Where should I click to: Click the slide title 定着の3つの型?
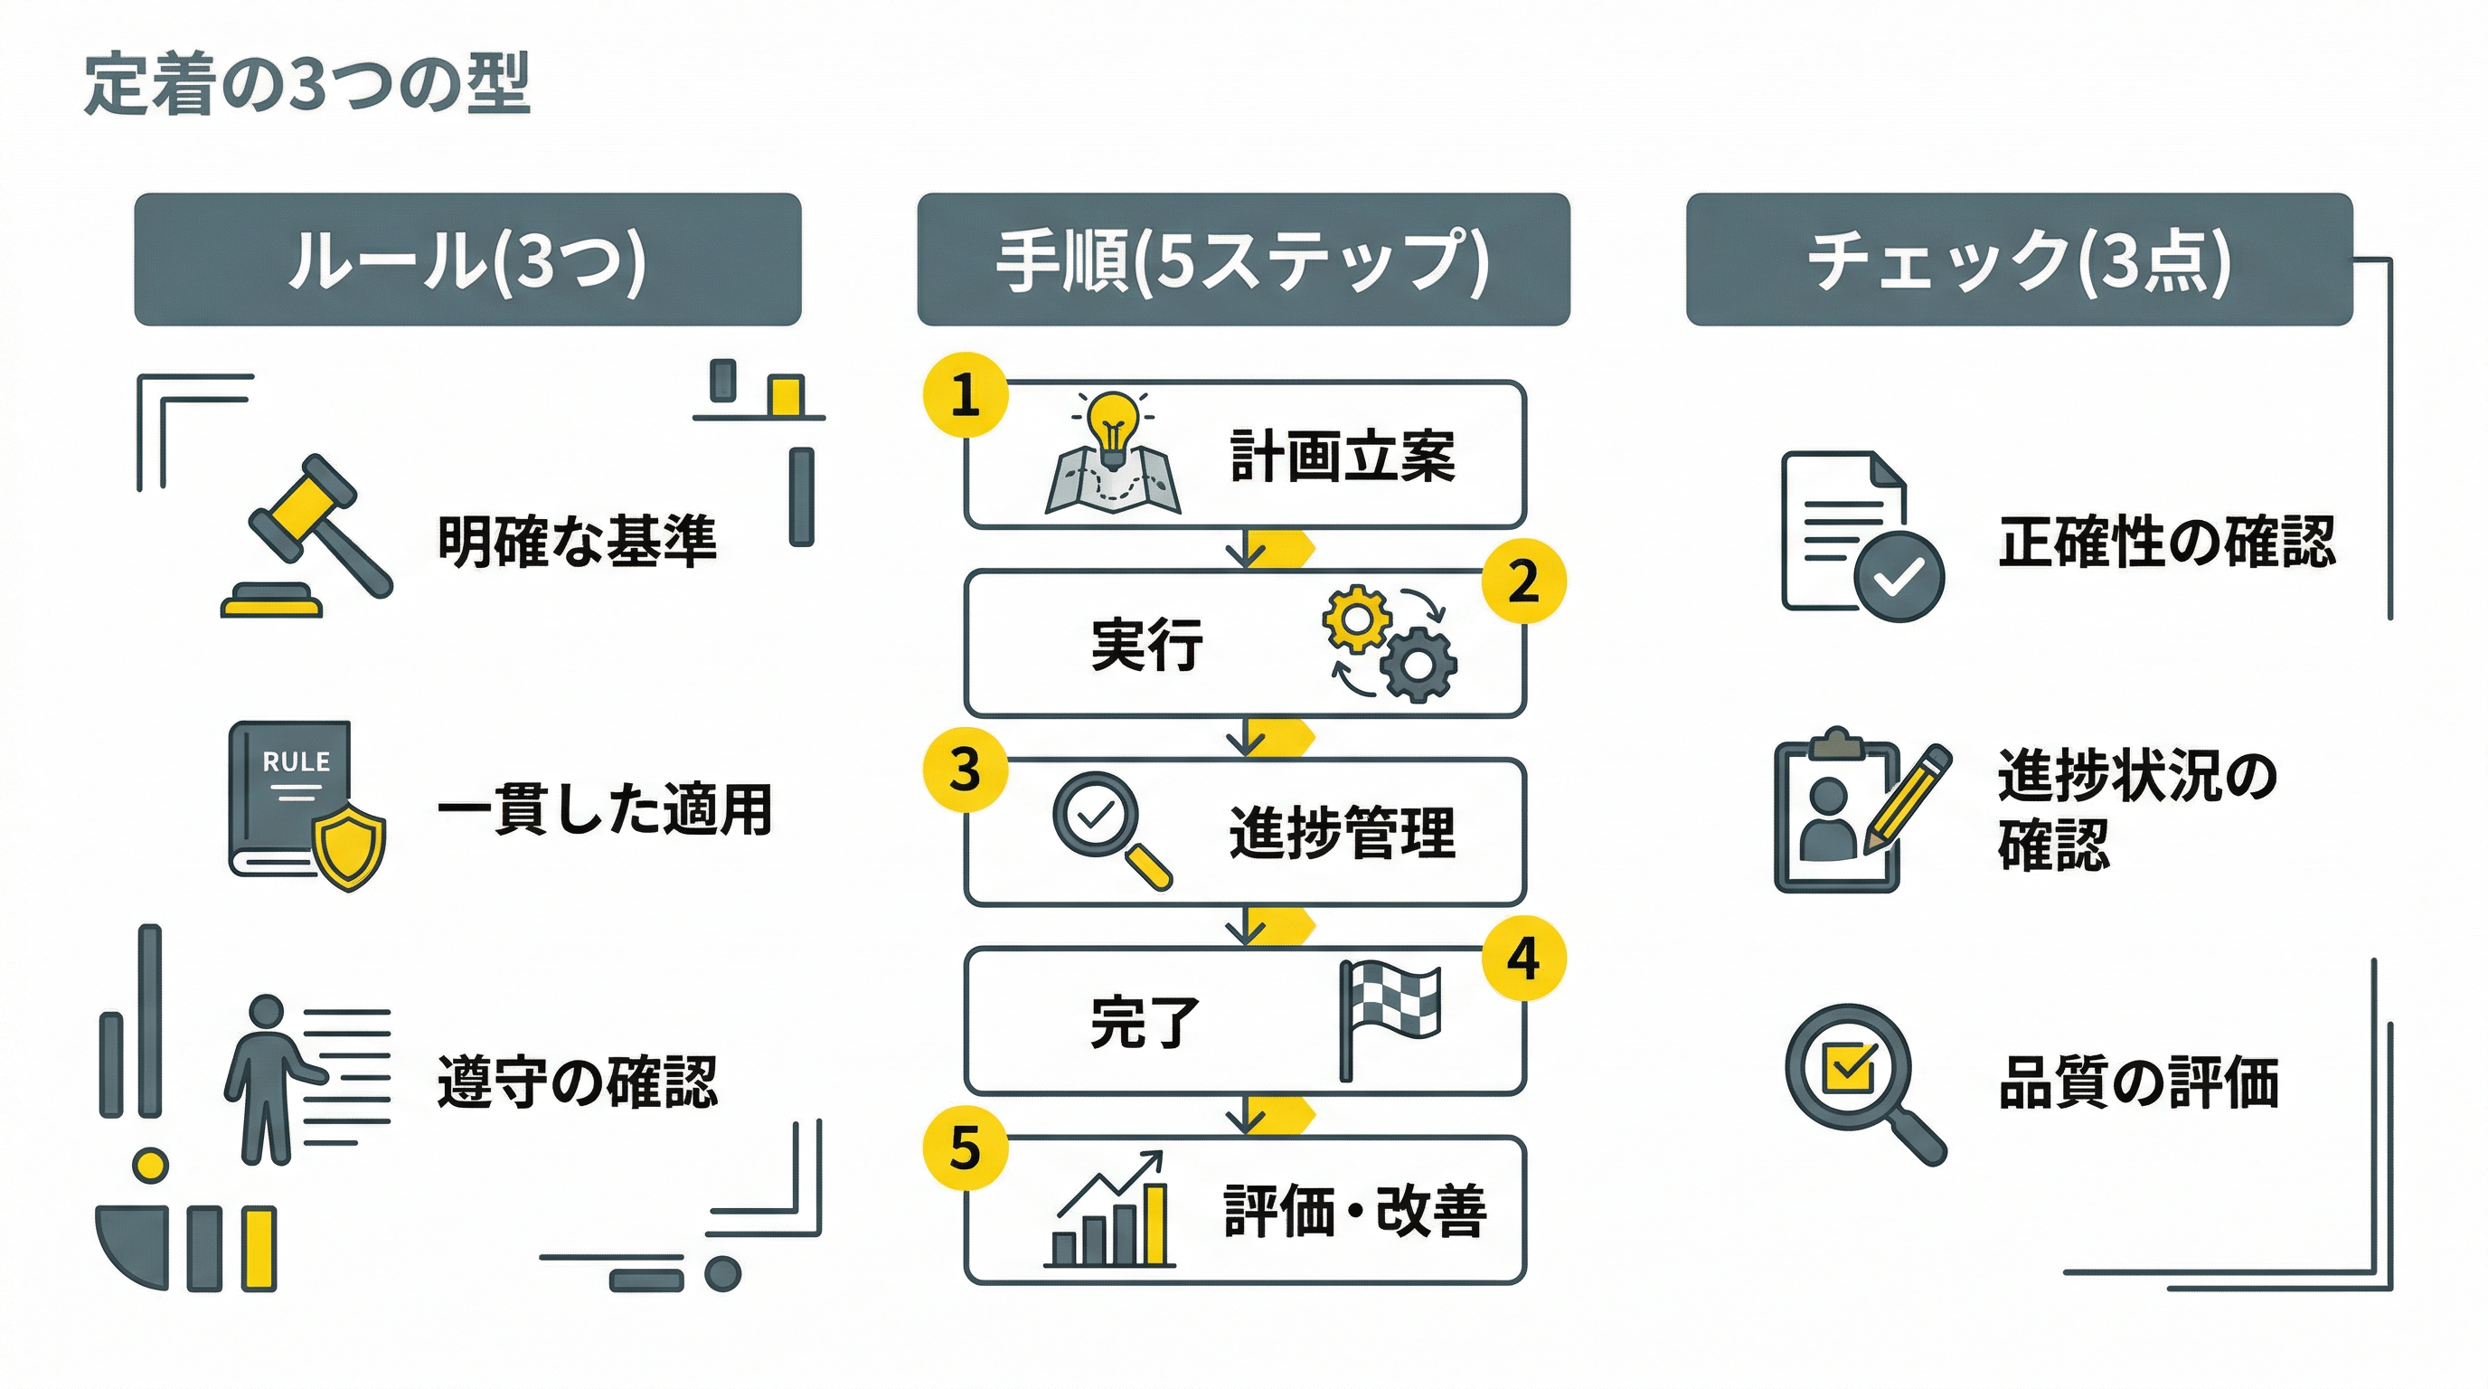tap(307, 85)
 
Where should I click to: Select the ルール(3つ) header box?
tap(467, 259)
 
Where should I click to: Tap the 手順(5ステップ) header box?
tap(1243, 259)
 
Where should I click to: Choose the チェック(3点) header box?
tap(2019, 259)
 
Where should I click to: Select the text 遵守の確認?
tap(577, 1081)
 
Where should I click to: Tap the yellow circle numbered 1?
tap(965, 395)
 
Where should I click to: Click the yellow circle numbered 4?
tap(1523, 959)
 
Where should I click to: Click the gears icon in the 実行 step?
tap(1389, 642)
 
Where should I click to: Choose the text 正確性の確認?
tap(2166, 541)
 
